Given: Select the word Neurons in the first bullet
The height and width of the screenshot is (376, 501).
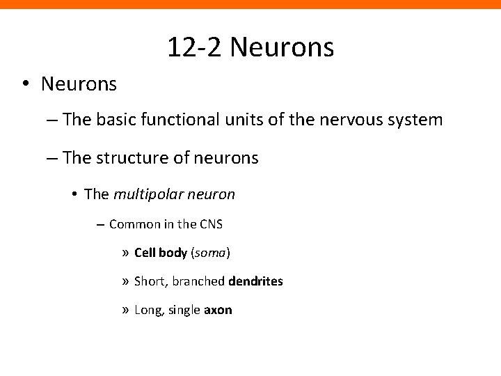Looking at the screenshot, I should point(79,84).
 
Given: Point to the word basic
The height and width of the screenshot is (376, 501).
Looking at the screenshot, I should point(111,120).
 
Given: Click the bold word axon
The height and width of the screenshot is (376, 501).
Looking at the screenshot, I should point(218,310).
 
